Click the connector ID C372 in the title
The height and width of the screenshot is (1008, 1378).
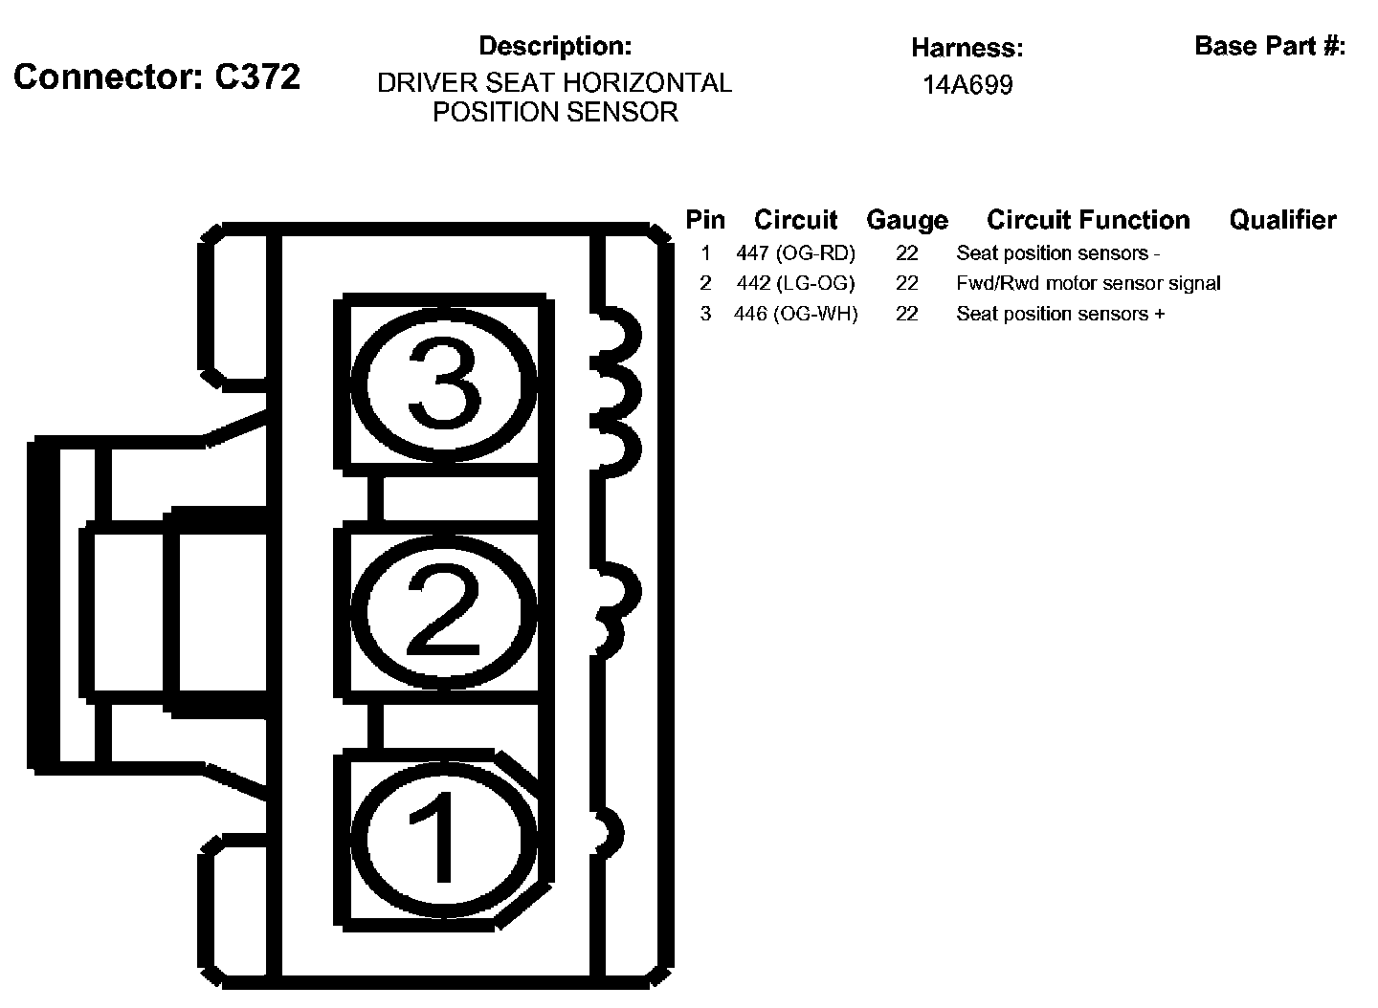point(257,77)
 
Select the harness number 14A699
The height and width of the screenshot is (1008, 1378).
point(967,85)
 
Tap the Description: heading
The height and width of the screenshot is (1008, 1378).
point(555,46)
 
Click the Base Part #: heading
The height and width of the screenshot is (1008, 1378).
point(1270,46)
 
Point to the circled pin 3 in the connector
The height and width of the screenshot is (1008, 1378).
point(442,385)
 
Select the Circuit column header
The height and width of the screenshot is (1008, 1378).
point(795,220)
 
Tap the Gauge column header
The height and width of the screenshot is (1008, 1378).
point(907,220)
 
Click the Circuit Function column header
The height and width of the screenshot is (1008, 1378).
point(1088,220)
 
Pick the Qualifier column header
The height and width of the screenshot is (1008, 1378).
point(1282,220)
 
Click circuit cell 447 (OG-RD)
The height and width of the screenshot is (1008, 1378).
point(795,253)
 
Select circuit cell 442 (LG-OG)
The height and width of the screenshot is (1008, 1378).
point(795,283)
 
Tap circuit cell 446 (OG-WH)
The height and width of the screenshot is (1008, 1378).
point(795,314)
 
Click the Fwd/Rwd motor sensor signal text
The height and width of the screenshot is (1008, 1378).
point(1088,283)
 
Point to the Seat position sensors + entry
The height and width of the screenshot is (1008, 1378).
point(1060,314)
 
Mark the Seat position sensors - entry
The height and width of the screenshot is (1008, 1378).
point(1057,253)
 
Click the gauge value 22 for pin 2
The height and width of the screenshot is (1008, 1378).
point(907,283)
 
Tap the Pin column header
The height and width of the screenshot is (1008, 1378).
point(705,220)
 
